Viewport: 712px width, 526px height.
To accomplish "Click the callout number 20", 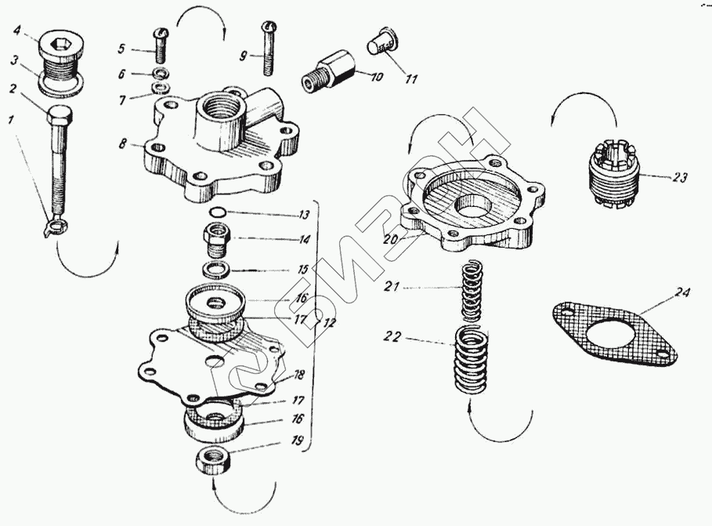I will pyautogui.click(x=392, y=240).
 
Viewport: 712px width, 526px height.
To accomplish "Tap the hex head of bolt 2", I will pyautogui.click(x=60, y=118).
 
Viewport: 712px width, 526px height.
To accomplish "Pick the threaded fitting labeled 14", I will pyautogui.click(x=216, y=238).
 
